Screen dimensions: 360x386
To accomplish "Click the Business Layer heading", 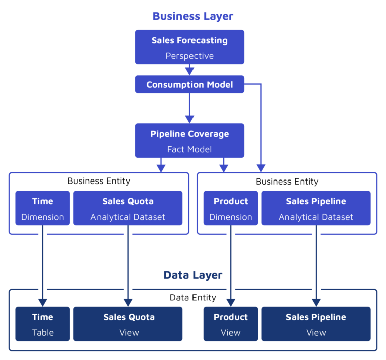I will pyautogui.click(x=193, y=16).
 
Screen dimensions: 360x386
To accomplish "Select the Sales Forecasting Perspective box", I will pyautogui.click(x=189, y=47).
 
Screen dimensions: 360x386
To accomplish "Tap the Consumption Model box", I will pyautogui.click(x=189, y=84).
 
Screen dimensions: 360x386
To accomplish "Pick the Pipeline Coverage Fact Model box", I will pyautogui.click(x=189, y=141).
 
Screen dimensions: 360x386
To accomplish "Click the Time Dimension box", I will pyautogui.click(x=43, y=208).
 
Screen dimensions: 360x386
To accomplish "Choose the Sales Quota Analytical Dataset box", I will pyautogui.click(x=128, y=208).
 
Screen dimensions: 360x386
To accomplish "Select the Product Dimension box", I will pyautogui.click(x=231, y=208).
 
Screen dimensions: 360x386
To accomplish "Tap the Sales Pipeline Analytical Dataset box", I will pyautogui.click(x=316, y=208).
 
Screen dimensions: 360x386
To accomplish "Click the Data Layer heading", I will pyautogui.click(x=193, y=275).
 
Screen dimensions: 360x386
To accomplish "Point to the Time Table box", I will pyautogui.click(x=43, y=324).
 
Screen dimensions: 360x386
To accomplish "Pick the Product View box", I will pyautogui.click(x=231, y=324).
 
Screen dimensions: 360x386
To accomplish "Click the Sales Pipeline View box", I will pyautogui.click(x=316, y=324).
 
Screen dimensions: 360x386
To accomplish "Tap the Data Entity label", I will pyautogui.click(x=193, y=297).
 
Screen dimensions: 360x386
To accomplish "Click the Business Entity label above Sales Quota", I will pyautogui.click(x=99, y=181).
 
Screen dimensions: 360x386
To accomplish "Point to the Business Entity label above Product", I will pyautogui.click(x=287, y=182).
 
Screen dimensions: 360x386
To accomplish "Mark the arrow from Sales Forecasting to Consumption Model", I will pyautogui.click(x=189, y=70).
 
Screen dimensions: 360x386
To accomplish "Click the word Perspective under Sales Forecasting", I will pyautogui.click(x=189, y=56).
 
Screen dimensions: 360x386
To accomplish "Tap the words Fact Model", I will pyautogui.click(x=189, y=149).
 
